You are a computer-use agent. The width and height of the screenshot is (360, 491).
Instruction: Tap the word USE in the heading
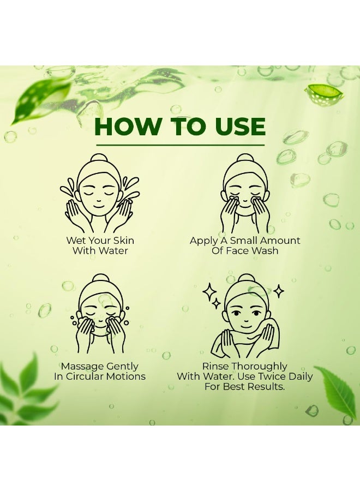(x=236, y=127)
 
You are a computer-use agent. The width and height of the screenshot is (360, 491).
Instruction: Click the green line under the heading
(x=180, y=145)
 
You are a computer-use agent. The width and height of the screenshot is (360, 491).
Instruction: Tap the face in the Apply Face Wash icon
(x=245, y=191)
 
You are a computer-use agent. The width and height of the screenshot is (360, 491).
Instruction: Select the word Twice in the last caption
(x=271, y=377)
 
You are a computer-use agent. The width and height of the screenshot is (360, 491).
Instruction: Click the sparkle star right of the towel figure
(x=278, y=291)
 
